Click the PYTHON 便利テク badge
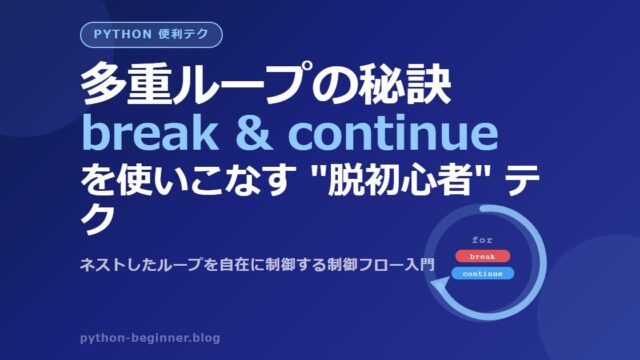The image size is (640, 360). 151,35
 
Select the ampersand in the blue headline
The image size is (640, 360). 254,132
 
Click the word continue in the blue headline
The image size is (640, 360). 393,132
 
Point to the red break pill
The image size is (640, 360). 482,256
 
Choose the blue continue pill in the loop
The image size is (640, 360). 482,273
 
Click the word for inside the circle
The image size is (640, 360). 482,240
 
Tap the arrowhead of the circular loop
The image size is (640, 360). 441,288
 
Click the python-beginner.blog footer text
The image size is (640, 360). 150,338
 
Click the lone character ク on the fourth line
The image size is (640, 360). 96,219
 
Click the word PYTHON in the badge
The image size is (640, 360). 122,34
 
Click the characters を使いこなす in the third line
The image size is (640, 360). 187,180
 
